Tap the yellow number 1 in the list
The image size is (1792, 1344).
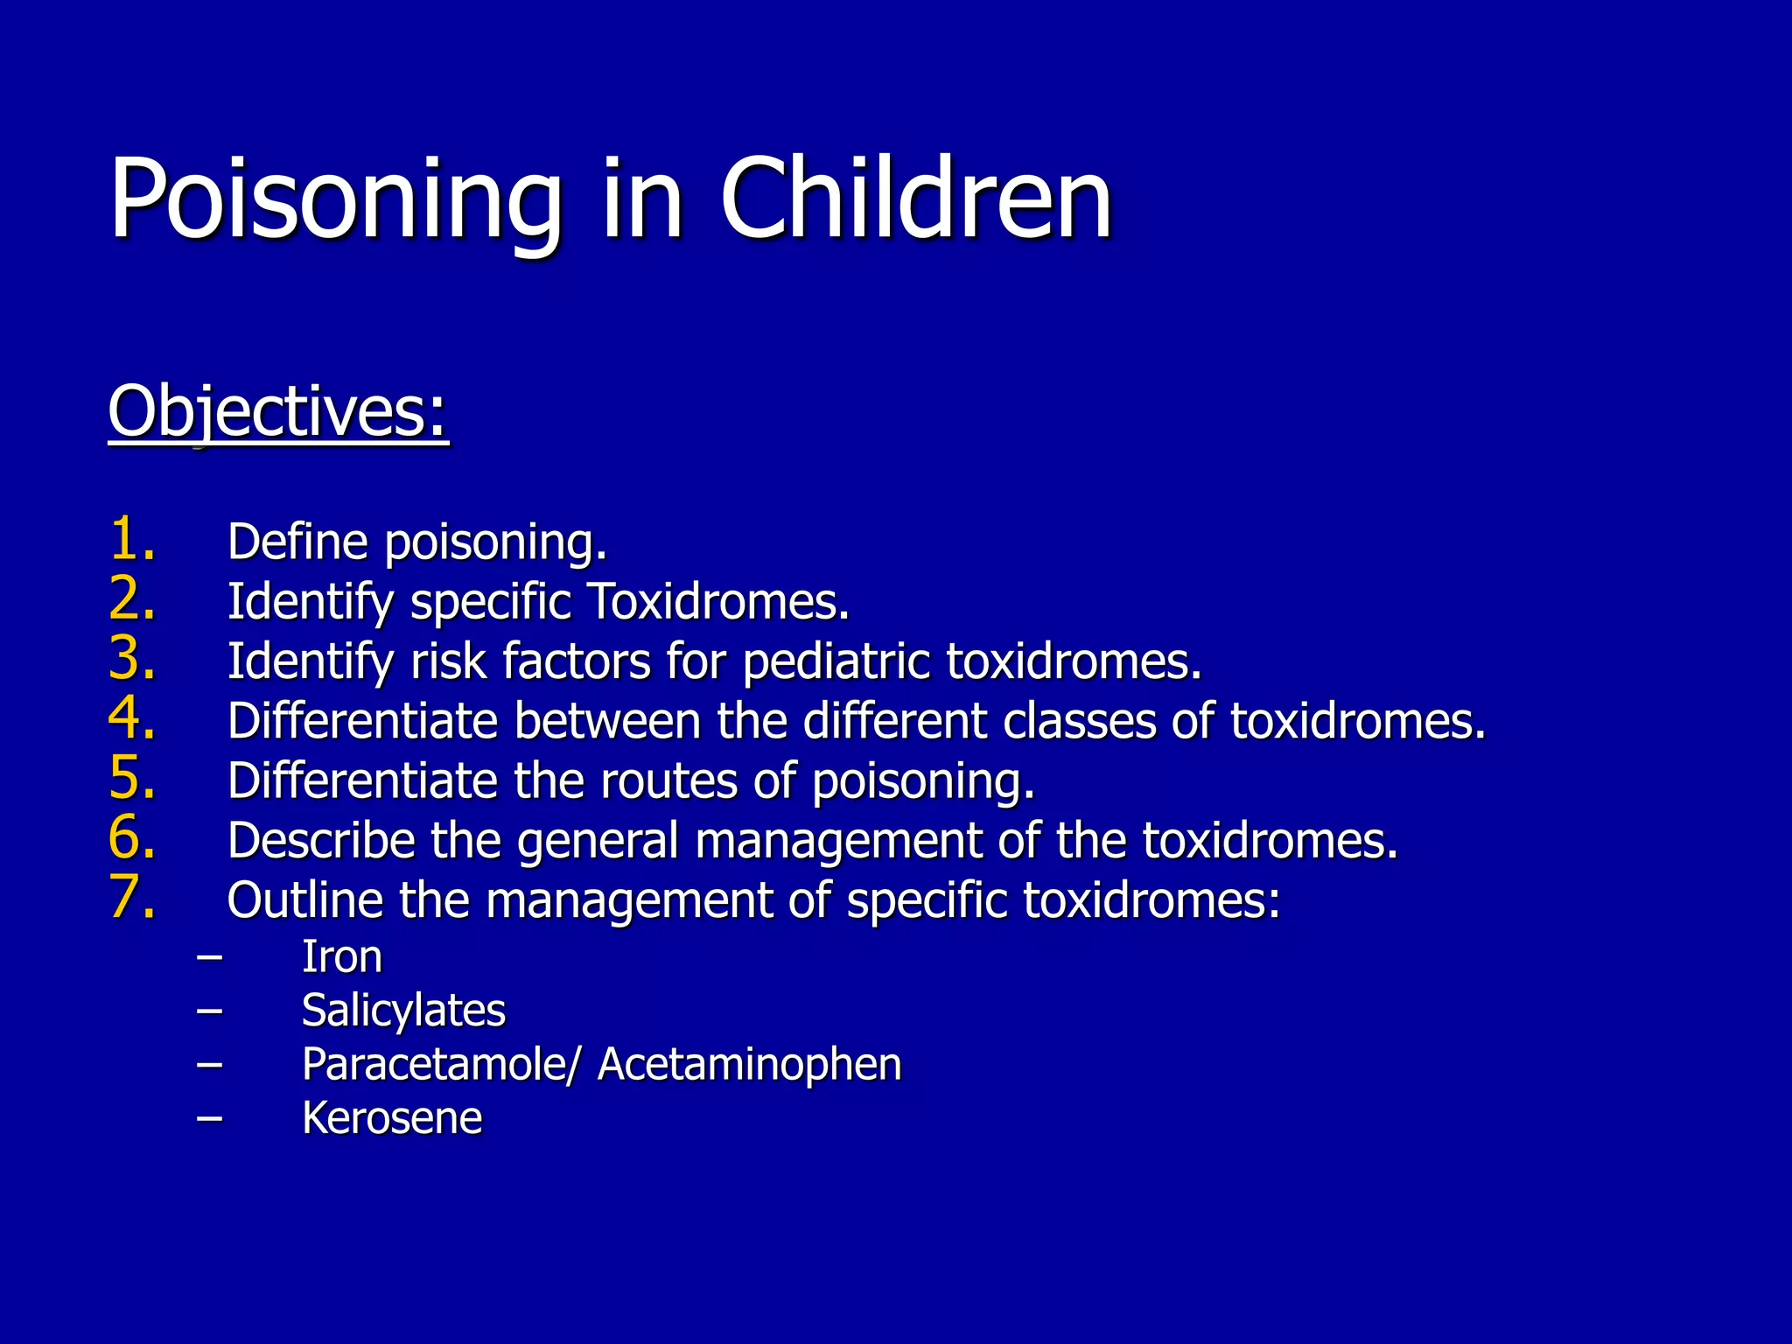tap(132, 539)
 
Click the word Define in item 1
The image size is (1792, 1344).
tap(297, 542)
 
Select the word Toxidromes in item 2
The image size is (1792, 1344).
tap(717, 602)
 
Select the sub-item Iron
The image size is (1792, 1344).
tap(342, 956)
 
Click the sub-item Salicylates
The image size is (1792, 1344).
tap(403, 1011)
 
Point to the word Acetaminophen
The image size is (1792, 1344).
tap(749, 1065)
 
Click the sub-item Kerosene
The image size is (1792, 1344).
tap(392, 1118)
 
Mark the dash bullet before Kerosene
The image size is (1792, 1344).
tap(209, 1118)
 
